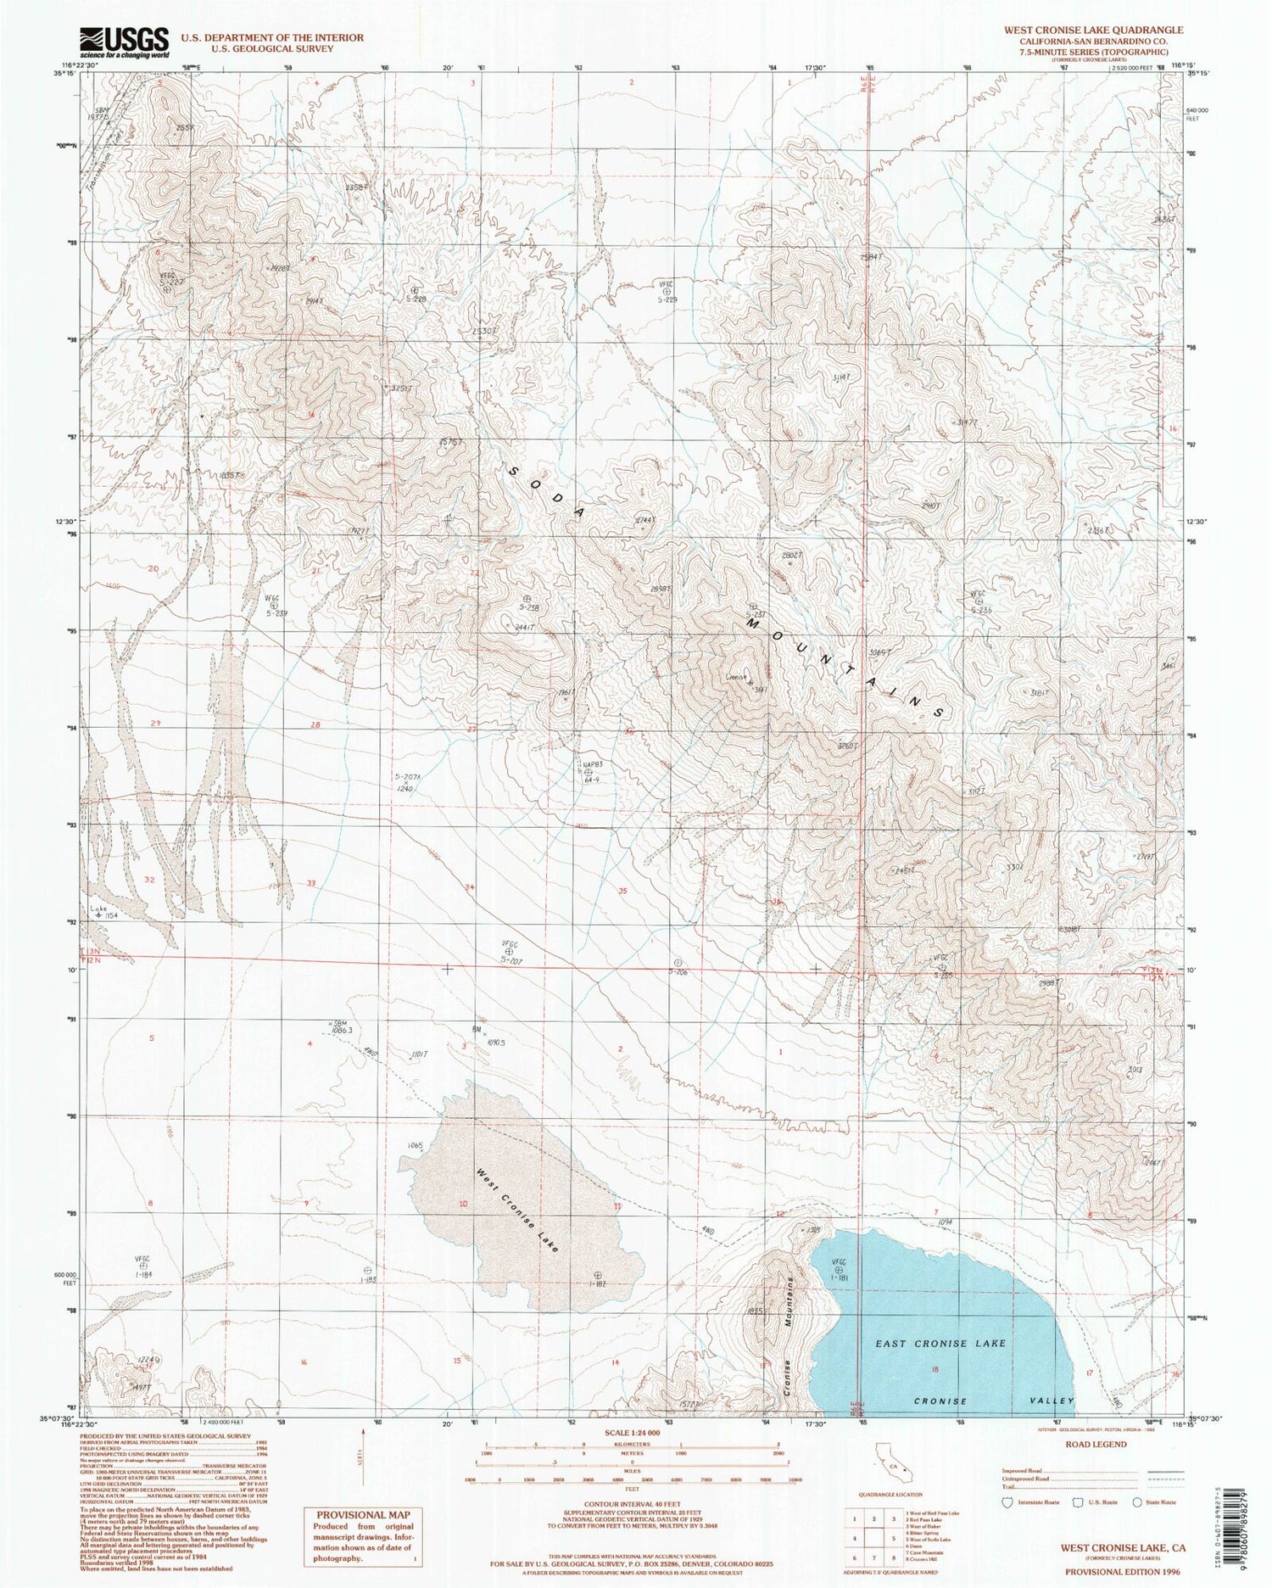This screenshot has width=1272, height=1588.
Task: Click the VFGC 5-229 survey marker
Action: coord(669,291)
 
